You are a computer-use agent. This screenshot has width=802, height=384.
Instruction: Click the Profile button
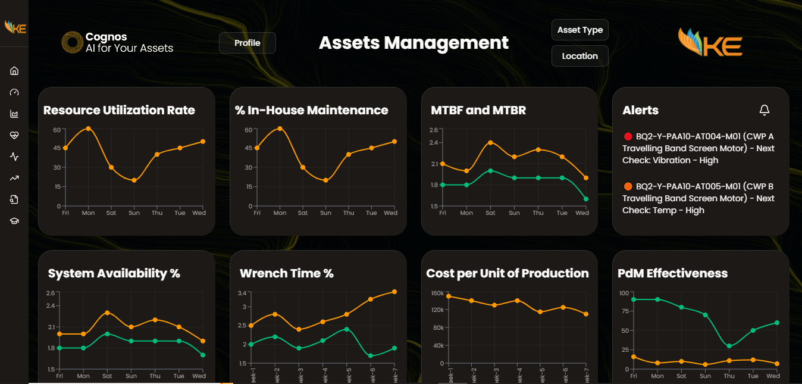(247, 43)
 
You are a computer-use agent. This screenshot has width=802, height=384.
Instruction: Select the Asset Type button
(579, 30)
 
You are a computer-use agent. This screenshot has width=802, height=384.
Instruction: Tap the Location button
(579, 56)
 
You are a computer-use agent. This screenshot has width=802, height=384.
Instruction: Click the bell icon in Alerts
(765, 110)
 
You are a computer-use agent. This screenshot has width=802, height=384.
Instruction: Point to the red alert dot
(628, 136)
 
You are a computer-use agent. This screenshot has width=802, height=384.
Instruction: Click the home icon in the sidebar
(14, 71)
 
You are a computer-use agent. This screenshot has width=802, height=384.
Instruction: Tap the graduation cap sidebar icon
(14, 221)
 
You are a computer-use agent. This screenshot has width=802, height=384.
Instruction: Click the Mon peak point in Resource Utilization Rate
(88, 129)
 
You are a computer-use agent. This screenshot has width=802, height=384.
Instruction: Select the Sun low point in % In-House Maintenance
(325, 180)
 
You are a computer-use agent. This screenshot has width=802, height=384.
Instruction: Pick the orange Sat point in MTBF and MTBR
(490, 142)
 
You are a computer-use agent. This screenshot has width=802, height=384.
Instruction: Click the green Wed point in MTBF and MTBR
(585, 199)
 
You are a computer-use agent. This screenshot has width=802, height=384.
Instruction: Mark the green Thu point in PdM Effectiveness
(729, 346)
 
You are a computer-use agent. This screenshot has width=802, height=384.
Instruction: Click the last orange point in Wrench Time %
(394, 292)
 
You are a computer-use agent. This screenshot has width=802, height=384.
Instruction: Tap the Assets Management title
(413, 43)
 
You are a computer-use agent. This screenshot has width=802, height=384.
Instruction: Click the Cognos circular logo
(72, 42)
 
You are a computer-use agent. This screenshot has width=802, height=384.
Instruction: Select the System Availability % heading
(114, 273)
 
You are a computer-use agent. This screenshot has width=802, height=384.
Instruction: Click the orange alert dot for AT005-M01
(628, 186)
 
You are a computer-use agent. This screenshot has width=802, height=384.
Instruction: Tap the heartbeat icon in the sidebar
(14, 135)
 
